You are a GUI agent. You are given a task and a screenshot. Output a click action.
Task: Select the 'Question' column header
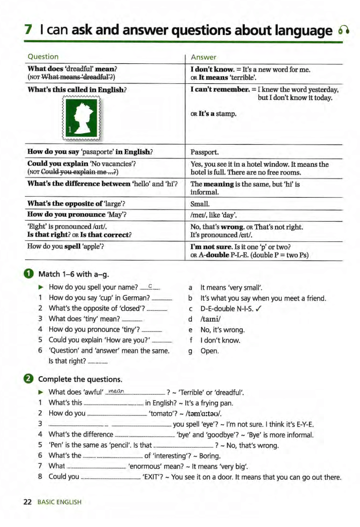pyautogui.click(x=43, y=57)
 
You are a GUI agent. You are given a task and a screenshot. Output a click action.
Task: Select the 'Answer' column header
pyautogui.click(x=204, y=57)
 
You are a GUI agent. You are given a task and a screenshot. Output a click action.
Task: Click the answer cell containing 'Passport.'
pyautogui.click(x=205, y=152)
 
